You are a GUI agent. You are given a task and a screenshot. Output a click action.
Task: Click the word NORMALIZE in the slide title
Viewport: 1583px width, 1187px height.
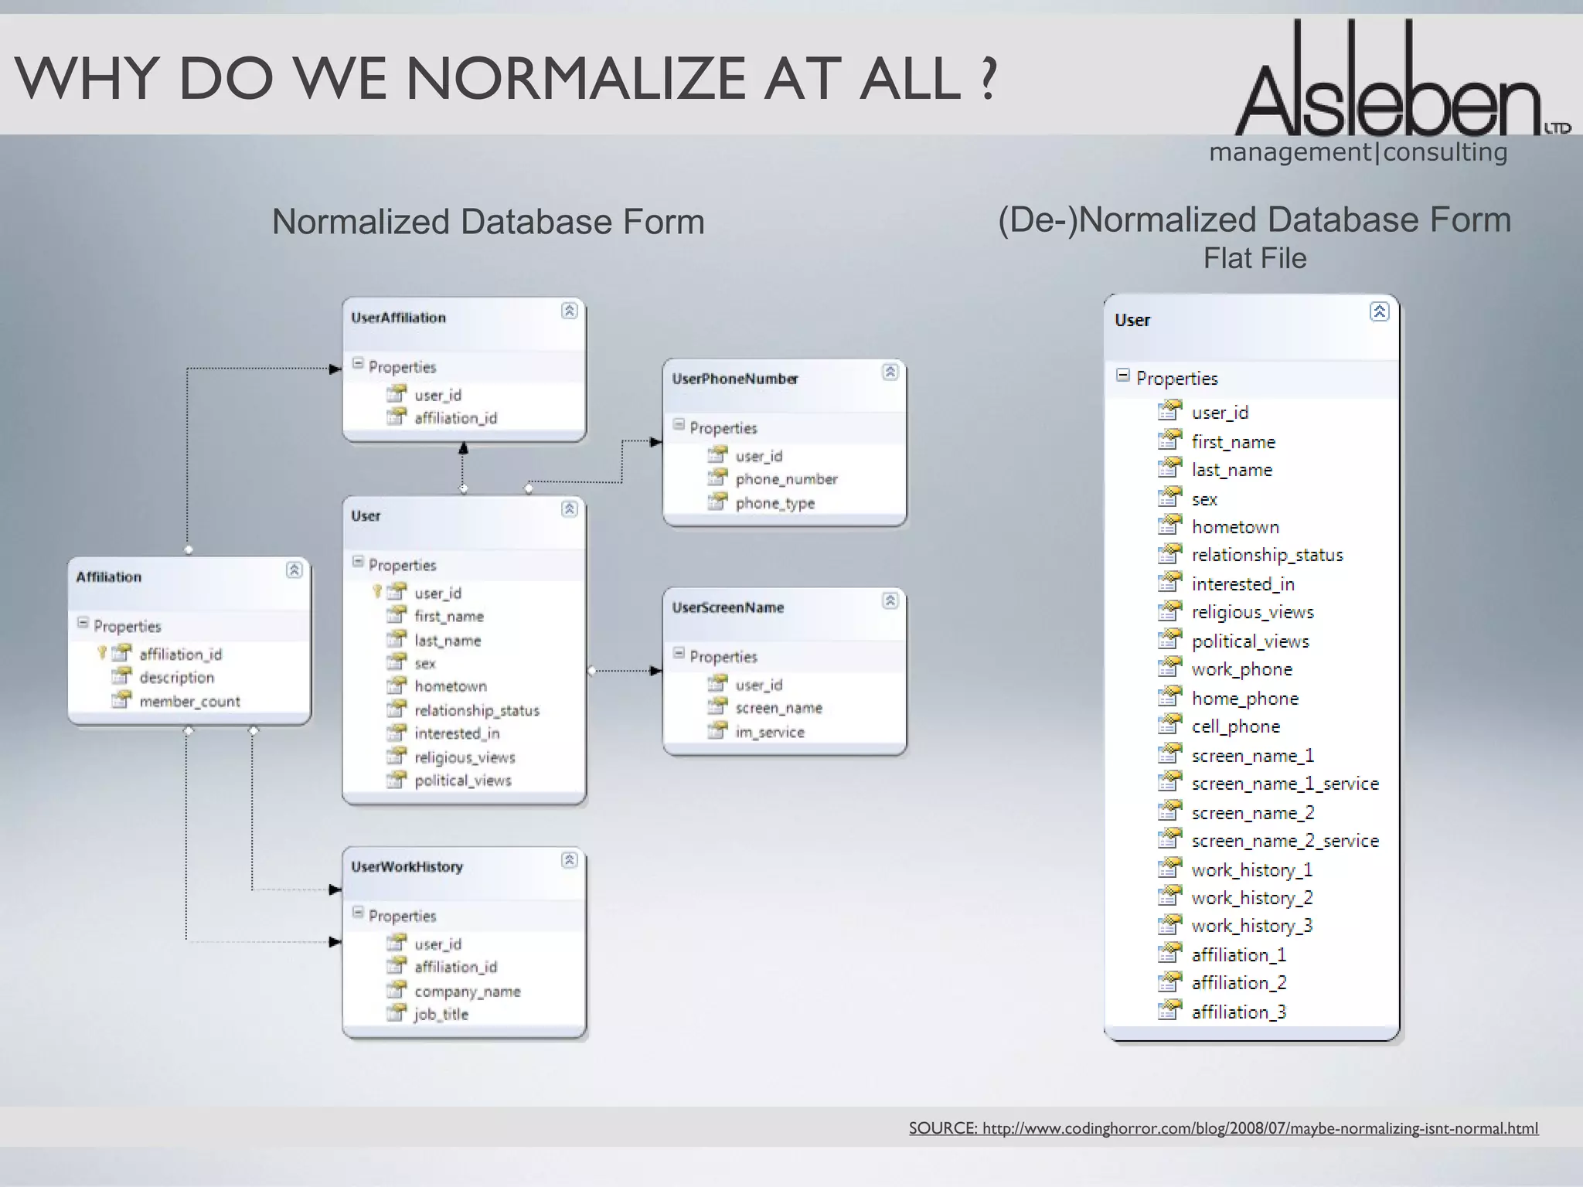click(x=575, y=79)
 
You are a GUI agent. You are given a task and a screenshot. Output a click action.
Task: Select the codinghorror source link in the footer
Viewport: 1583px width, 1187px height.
click(x=1223, y=1128)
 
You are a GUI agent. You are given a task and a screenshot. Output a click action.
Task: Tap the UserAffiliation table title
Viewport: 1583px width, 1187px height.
click(x=398, y=318)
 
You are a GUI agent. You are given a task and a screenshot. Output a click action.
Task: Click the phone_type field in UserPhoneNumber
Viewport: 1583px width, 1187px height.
click(x=774, y=503)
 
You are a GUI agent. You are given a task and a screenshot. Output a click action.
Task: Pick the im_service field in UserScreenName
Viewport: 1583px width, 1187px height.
click(x=769, y=732)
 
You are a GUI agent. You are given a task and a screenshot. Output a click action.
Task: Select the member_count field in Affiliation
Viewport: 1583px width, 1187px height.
click(x=189, y=702)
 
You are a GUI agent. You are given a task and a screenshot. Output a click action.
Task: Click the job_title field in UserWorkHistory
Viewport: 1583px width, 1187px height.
click(x=441, y=1014)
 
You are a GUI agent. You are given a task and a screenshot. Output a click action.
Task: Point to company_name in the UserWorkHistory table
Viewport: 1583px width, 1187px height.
click(x=467, y=991)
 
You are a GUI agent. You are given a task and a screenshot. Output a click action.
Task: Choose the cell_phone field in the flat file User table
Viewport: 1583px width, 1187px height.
click(x=1235, y=726)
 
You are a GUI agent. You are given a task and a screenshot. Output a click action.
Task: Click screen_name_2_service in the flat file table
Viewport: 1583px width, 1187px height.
click(x=1285, y=841)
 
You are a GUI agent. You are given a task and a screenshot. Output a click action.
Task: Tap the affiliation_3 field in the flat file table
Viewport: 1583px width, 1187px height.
click(x=1238, y=1012)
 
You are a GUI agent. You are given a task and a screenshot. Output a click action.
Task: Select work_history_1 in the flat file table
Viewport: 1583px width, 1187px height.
click(x=1251, y=870)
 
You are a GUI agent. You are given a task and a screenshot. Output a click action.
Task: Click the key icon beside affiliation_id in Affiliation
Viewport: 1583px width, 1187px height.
click(x=101, y=653)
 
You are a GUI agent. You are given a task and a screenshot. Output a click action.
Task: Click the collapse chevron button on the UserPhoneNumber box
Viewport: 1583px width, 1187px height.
click(x=890, y=372)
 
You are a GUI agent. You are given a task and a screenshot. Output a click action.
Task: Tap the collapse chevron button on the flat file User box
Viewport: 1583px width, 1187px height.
click(x=1379, y=311)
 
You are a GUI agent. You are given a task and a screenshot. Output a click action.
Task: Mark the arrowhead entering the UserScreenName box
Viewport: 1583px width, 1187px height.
click(x=656, y=671)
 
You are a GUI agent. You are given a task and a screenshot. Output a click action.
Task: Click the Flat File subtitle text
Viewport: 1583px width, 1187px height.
click(x=1254, y=258)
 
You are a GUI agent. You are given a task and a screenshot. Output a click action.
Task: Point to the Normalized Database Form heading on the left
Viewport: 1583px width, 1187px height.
click(x=488, y=222)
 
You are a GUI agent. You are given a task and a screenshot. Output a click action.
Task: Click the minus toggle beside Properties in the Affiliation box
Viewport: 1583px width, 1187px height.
click(x=83, y=623)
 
